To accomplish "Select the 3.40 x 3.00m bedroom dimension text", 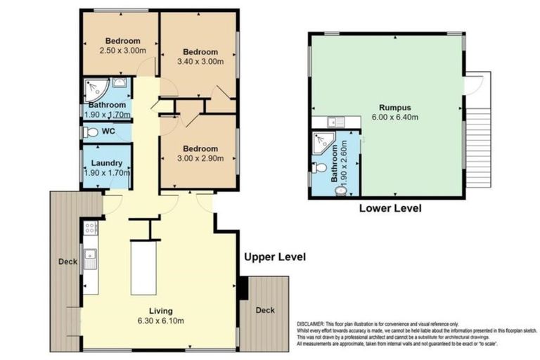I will [201, 62].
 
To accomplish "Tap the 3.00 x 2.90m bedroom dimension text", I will [201, 158].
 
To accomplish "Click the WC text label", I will [108, 131].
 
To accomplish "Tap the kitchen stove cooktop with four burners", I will [90, 227].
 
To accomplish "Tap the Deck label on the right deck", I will [265, 310].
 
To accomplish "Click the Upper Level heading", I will [274, 257].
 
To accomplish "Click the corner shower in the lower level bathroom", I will [323, 141].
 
